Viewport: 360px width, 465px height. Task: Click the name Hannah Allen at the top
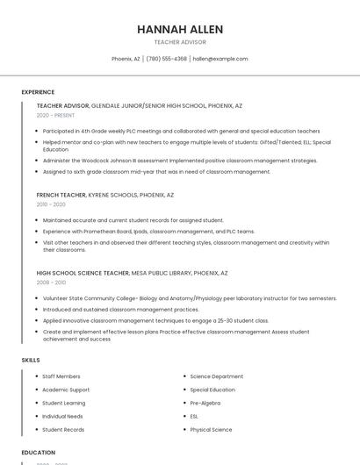coord(180,29)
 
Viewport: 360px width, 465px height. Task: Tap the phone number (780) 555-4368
coord(166,59)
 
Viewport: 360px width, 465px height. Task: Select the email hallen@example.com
coord(220,59)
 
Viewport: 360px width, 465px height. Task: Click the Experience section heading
coord(38,92)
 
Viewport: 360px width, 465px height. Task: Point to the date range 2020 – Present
coord(55,115)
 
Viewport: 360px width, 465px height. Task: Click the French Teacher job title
coord(61,195)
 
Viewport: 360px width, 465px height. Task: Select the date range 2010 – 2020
coord(51,204)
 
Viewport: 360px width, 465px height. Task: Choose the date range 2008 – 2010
coord(51,283)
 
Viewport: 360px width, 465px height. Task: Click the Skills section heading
coord(30,360)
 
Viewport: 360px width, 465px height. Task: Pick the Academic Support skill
coord(66,390)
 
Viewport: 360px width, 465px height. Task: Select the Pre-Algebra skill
coord(205,403)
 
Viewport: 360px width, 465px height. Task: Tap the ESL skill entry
coord(194,416)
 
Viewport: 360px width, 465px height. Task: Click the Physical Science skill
coord(211,430)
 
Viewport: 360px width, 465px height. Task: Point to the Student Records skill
coord(63,430)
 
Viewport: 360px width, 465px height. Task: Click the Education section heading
coord(38,453)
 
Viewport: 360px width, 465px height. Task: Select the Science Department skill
coord(216,376)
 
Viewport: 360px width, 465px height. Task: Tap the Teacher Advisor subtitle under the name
coord(180,42)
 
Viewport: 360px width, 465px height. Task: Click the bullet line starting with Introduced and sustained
coord(120,309)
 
